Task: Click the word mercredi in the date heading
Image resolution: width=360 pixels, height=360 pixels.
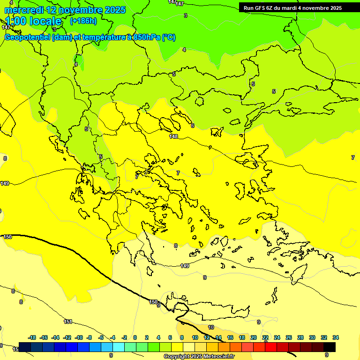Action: [24, 10]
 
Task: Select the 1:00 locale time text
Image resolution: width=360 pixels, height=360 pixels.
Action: [33, 22]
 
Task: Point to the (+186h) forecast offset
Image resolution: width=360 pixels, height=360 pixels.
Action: [83, 21]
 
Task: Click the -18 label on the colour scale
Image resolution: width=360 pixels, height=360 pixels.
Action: [32, 337]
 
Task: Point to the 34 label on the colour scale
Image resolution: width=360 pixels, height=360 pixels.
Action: [336, 337]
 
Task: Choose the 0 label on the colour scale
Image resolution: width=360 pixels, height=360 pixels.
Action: [135, 337]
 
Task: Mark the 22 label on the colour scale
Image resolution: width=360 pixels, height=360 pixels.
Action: [265, 337]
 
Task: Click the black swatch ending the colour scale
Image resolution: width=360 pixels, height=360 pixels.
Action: [330, 347]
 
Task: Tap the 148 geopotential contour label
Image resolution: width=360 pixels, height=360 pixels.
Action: [174, 136]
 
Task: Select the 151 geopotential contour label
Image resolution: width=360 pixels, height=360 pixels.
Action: [68, 322]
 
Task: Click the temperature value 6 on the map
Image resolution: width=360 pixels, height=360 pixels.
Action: [192, 126]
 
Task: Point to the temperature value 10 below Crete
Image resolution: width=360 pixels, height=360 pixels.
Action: [211, 327]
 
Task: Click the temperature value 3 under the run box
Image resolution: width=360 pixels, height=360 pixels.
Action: [186, 15]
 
